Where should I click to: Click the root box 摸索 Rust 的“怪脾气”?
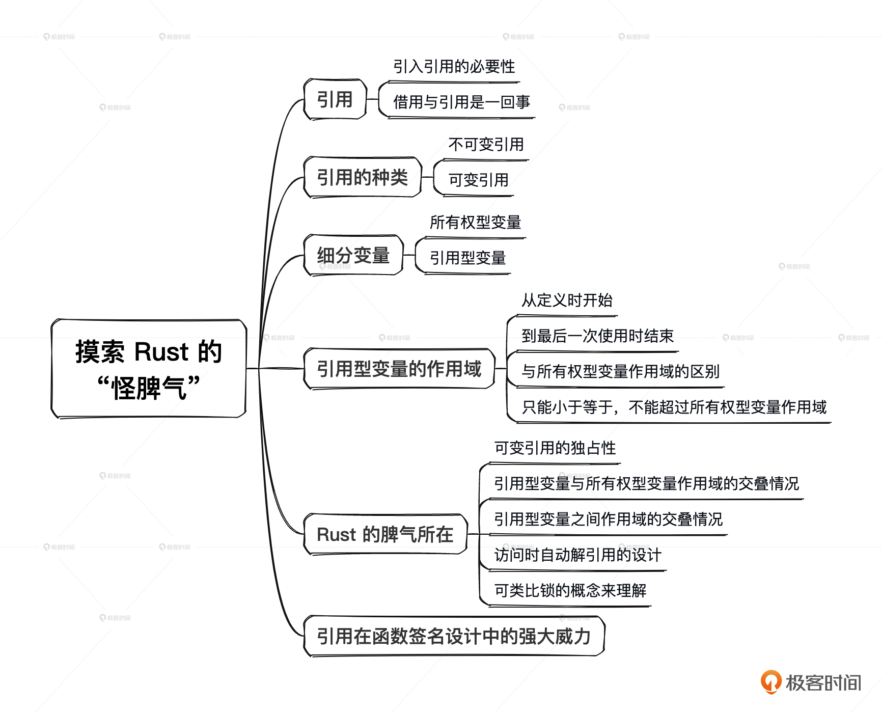(148, 369)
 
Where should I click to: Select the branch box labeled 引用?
(335, 99)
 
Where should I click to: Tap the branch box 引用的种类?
(362, 177)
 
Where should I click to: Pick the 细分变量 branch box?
(353, 255)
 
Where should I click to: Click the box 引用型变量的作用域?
(399, 369)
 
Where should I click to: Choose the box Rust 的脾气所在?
(385, 534)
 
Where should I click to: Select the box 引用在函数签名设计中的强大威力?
(453, 636)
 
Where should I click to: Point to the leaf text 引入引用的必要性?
(454, 67)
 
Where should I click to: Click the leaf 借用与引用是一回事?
(461, 102)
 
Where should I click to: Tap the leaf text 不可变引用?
(486, 145)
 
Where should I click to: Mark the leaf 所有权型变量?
(475, 223)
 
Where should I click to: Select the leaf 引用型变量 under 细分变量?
(467, 258)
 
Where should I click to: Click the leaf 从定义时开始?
(567, 300)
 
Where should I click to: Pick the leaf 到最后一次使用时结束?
(597, 336)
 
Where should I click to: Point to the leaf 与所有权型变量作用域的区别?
(620, 372)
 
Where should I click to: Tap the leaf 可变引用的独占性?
(555, 448)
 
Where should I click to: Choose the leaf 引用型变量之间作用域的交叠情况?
(608, 519)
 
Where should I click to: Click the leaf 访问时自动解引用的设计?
(577, 555)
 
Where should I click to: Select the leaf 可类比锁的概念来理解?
(570, 591)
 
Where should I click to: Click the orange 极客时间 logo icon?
(770, 682)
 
